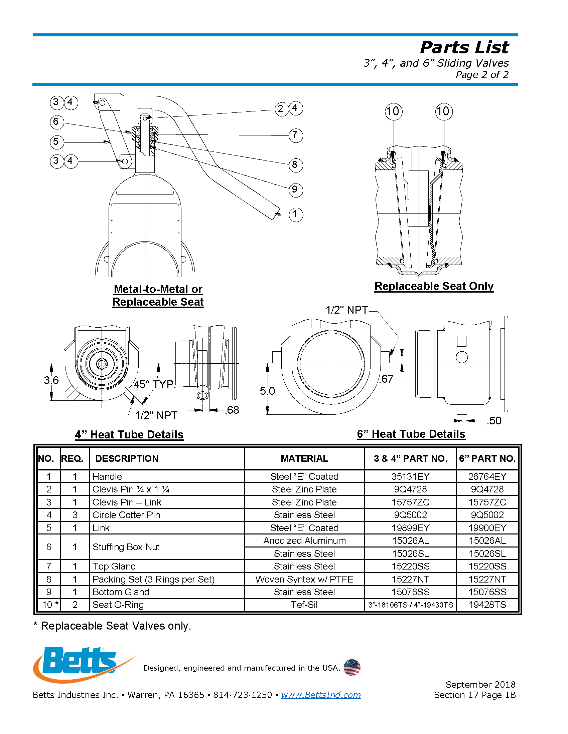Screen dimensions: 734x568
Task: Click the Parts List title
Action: coord(464,47)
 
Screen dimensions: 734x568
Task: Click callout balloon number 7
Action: coord(295,135)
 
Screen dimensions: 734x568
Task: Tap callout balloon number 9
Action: coord(295,190)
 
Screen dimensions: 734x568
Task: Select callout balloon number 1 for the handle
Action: coord(295,215)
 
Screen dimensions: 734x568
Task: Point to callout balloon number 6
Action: coord(56,122)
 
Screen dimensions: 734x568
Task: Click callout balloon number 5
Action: coord(56,142)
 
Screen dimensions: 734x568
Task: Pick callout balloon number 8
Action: coord(295,165)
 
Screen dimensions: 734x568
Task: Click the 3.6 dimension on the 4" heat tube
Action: coord(51,380)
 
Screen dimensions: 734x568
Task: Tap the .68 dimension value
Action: coord(232,410)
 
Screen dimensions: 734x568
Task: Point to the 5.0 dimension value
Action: coord(267,391)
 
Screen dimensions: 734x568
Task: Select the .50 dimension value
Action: coord(494,421)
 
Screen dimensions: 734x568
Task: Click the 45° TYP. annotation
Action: coord(154,384)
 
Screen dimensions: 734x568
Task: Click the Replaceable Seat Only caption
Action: coord(434,286)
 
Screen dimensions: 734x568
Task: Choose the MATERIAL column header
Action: coord(304,458)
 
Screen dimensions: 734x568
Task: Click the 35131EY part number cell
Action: coord(411,476)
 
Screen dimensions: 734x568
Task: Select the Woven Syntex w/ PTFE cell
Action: coord(304,580)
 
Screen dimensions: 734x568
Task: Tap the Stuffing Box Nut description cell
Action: coord(126,547)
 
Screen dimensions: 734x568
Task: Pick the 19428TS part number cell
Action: coord(487,605)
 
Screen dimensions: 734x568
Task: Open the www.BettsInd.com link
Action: coord(321,695)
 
